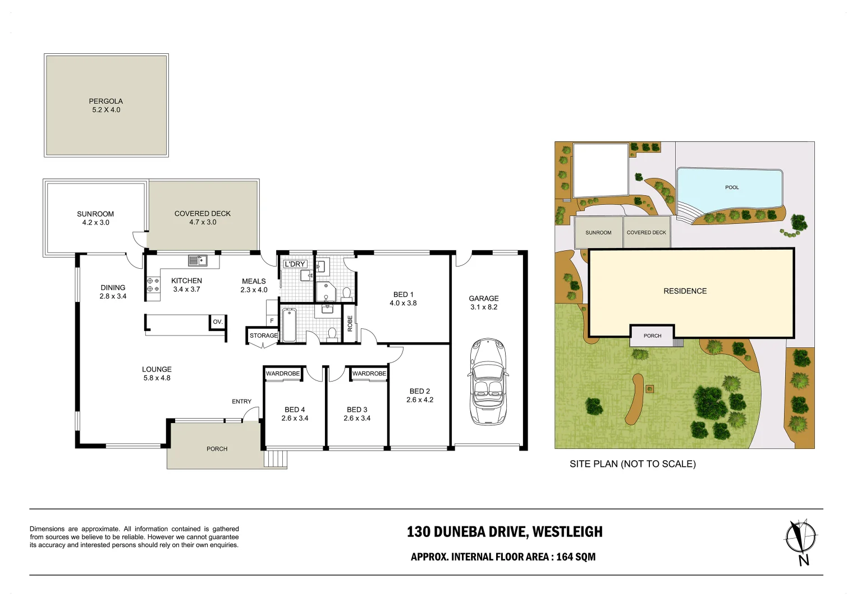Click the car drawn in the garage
coord(488,382)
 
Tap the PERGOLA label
coord(106,101)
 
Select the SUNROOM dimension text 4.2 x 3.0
coord(95,223)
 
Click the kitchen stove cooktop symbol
coord(153,284)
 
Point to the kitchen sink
coord(197,260)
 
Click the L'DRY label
coord(295,264)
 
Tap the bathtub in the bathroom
coord(289,325)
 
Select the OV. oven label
coord(218,322)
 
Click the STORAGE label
coord(263,336)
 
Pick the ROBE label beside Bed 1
coord(350,323)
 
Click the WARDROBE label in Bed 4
coord(283,374)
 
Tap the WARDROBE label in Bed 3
coord(369,374)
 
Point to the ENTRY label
coord(241,401)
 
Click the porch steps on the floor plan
coord(276,459)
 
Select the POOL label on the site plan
coord(732,187)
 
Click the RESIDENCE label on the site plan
coord(685,291)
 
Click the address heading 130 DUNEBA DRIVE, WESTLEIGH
coord(505,531)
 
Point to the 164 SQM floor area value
coord(576,557)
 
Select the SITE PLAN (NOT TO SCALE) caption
coord(633,463)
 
